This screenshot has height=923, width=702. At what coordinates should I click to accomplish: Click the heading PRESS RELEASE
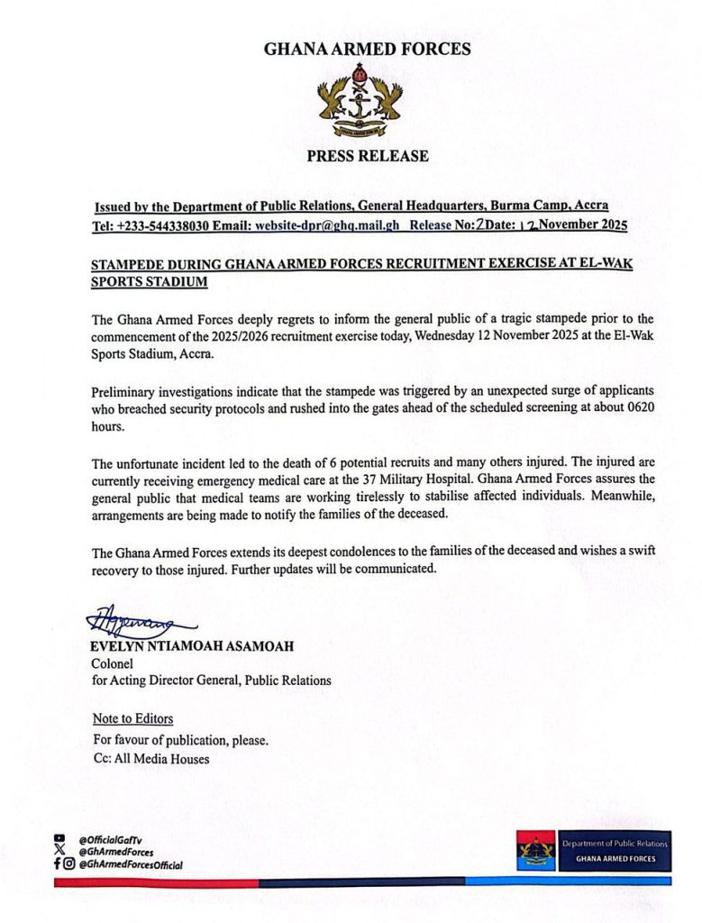pyautogui.click(x=368, y=156)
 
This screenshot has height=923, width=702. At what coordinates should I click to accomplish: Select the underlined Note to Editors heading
pyautogui.click(x=133, y=719)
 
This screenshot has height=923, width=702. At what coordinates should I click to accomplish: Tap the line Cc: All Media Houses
pyautogui.click(x=151, y=759)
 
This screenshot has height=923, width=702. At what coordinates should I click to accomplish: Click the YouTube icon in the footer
pyautogui.click(x=59, y=837)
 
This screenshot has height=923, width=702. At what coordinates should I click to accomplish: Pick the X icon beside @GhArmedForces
pyautogui.click(x=59, y=850)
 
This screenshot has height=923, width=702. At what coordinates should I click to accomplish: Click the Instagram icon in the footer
pyautogui.click(x=68, y=864)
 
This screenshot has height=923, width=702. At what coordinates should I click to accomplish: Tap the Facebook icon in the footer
pyautogui.click(x=57, y=864)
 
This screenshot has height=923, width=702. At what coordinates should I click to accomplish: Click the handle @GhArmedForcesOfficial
pyautogui.click(x=131, y=864)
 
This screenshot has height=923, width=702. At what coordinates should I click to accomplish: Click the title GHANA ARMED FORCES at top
pyautogui.click(x=367, y=50)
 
